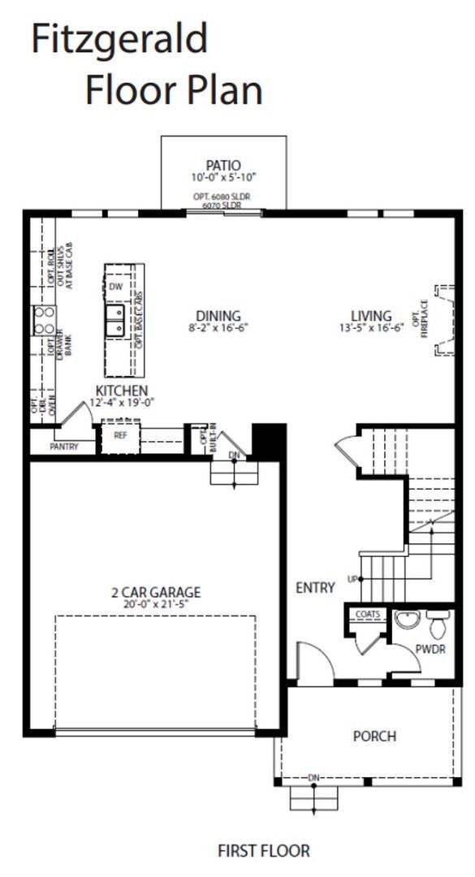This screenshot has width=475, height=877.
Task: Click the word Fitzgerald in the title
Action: click(x=119, y=40)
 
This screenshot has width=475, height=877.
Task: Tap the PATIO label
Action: click(x=223, y=166)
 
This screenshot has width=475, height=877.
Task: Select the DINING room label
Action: click(x=218, y=316)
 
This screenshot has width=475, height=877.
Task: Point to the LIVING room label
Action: click(x=371, y=316)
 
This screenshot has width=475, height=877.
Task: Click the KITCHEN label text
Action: click(x=121, y=391)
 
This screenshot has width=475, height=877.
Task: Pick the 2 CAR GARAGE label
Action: click(x=156, y=592)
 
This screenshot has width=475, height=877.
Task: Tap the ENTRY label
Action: click(x=315, y=587)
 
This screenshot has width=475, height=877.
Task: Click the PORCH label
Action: click(x=374, y=737)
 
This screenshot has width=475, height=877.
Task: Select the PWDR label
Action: click(x=431, y=650)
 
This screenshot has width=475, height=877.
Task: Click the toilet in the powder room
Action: click(x=438, y=624)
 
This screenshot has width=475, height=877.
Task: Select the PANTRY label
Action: click(x=64, y=447)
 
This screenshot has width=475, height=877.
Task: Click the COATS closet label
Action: click(x=367, y=615)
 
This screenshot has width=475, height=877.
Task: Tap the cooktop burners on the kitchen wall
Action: click(x=44, y=321)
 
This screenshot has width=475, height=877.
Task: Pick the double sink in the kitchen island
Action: click(x=115, y=321)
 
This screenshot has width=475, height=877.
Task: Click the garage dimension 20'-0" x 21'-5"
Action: click(x=156, y=604)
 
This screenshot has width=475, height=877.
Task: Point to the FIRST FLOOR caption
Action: click(x=263, y=851)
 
